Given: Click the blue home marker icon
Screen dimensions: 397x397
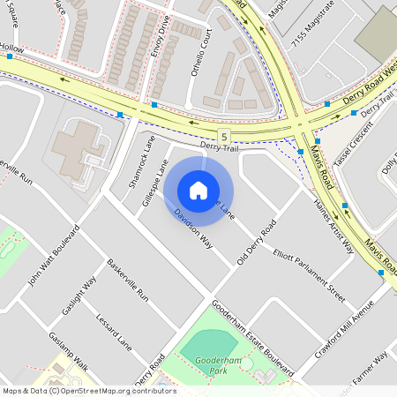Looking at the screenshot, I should point(198,191).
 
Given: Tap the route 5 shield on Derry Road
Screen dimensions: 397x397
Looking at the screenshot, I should point(227,136).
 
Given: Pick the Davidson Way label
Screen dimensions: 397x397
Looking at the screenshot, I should point(193,228).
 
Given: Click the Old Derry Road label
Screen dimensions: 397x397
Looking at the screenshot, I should point(257,241).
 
